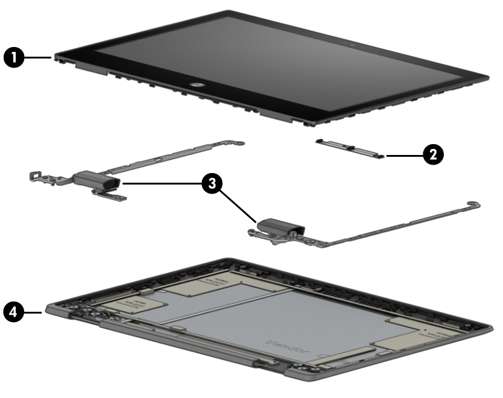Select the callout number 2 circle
point(432,155)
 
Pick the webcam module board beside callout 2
point(348,148)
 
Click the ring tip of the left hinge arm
point(240,144)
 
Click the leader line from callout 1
point(40,57)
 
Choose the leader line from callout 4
point(35,312)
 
